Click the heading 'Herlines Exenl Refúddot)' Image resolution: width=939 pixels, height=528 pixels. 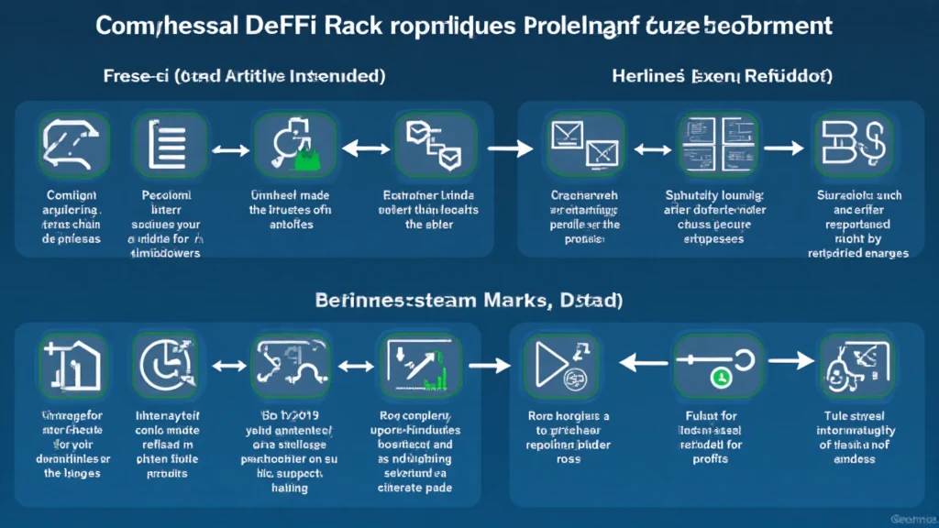[722, 77]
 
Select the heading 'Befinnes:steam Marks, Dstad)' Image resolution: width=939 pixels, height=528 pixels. [470, 299]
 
